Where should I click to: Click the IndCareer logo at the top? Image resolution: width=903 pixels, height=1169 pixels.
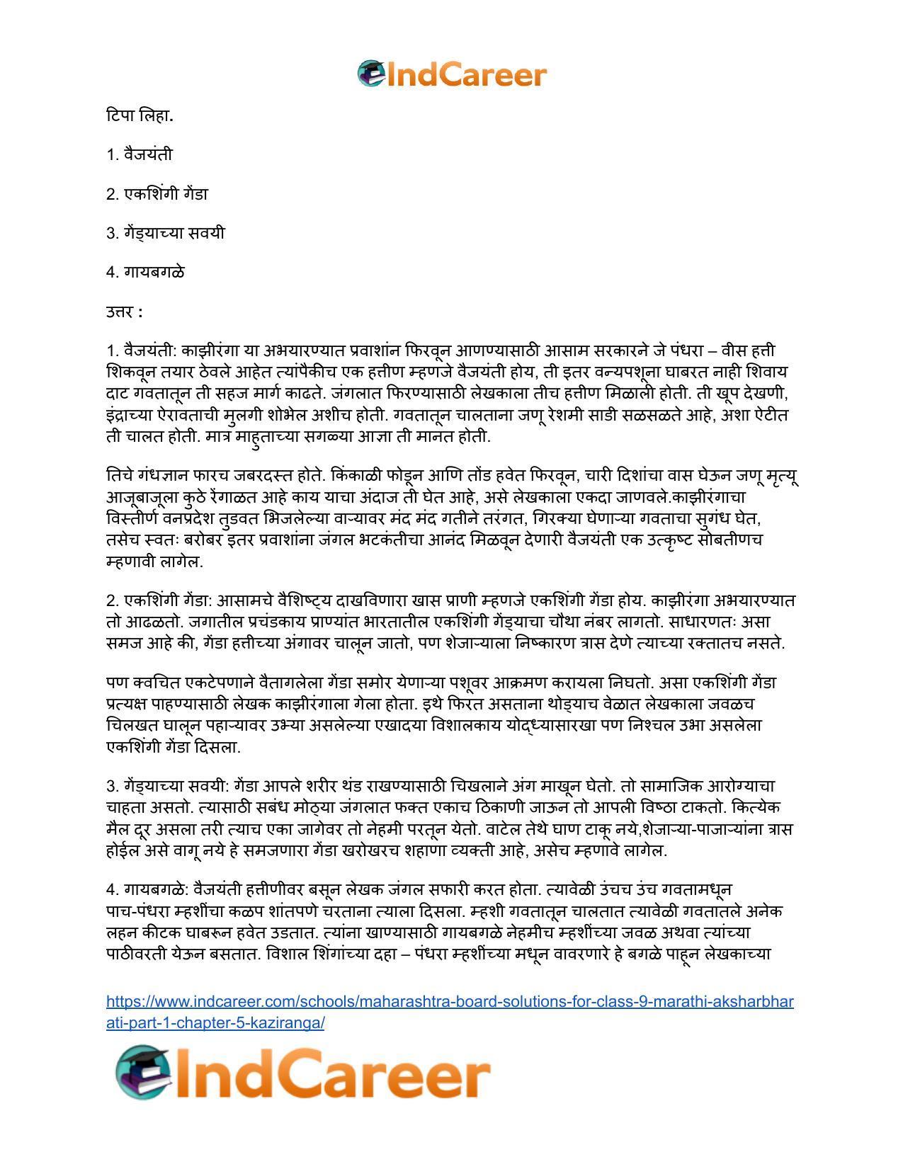click(452, 74)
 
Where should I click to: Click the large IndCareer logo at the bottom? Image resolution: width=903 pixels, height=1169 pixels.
click(303, 1073)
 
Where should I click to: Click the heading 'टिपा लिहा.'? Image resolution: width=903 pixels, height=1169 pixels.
click(140, 115)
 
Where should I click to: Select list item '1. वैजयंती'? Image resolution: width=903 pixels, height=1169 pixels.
click(140, 154)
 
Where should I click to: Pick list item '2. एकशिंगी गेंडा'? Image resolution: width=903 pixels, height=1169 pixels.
click(157, 194)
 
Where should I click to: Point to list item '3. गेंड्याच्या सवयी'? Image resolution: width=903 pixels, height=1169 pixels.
click(165, 233)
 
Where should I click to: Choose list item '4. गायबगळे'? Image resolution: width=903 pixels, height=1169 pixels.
click(145, 273)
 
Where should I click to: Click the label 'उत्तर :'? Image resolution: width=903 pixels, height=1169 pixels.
click(125, 312)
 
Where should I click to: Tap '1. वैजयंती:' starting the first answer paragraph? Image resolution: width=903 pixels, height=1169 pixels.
click(142, 350)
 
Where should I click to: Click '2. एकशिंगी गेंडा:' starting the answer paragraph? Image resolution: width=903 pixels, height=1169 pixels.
click(159, 600)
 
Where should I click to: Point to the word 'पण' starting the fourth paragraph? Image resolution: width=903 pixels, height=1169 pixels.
click(116, 683)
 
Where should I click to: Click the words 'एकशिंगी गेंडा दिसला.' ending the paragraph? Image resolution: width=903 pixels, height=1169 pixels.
click(174, 747)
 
